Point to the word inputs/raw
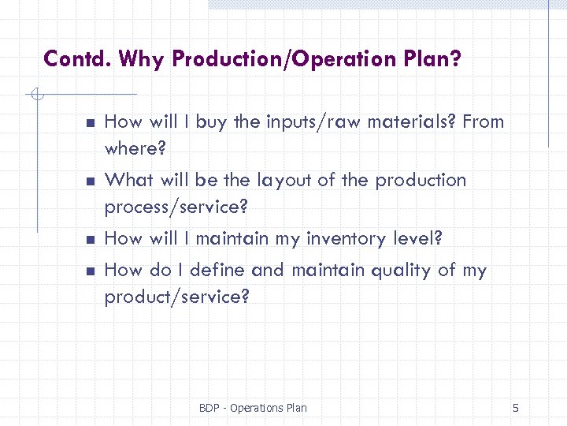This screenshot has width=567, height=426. coord(300,121)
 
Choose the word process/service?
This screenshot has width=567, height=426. coord(176,208)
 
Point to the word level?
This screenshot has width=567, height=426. coord(416,239)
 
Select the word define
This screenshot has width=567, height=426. coord(215,271)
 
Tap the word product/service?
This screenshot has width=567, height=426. coord(176,298)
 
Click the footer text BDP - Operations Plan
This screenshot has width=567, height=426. coord(253,408)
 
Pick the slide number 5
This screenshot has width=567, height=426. coord(515,408)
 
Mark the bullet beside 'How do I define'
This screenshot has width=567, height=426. coord(91,271)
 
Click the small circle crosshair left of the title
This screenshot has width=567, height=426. coord(35,96)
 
